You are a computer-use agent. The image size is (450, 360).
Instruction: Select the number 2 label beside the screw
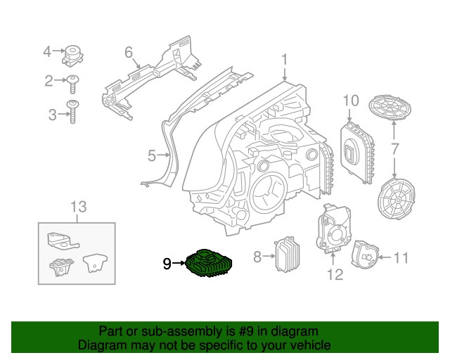(x=49, y=81)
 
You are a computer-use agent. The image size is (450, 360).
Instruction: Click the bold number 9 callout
(x=167, y=264)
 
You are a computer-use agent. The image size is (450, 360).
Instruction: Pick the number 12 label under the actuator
(x=335, y=274)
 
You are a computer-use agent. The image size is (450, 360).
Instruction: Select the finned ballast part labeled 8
(x=286, y=256)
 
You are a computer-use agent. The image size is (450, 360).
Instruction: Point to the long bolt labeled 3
(x=72, y=113)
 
